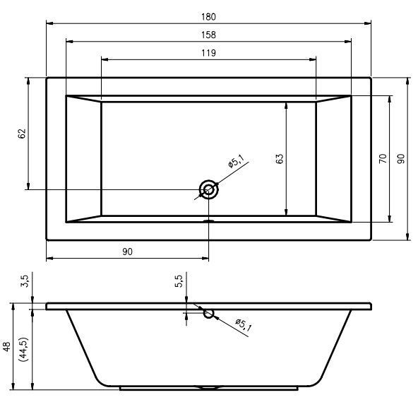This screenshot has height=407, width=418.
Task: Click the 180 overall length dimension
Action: point(208,17)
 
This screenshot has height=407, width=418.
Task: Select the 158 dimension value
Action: point(208,35)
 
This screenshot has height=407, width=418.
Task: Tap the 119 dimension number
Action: point(208,53)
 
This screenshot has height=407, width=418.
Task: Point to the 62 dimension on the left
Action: point(23,134)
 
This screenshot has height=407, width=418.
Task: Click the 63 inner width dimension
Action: point(280,159)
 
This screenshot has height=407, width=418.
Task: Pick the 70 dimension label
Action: point(383,159)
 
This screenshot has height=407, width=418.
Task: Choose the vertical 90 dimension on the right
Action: point(401,159)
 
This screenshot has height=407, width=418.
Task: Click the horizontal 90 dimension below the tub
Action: point(127,252)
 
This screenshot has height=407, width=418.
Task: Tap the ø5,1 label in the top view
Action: point(236,161)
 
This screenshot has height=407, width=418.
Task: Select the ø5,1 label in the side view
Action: point(243,324)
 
